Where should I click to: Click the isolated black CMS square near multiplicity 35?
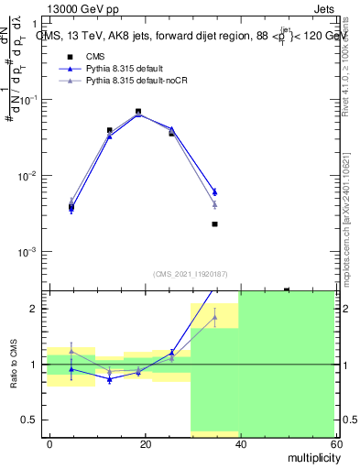point(214,224)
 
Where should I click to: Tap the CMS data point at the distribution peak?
point(138,112)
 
